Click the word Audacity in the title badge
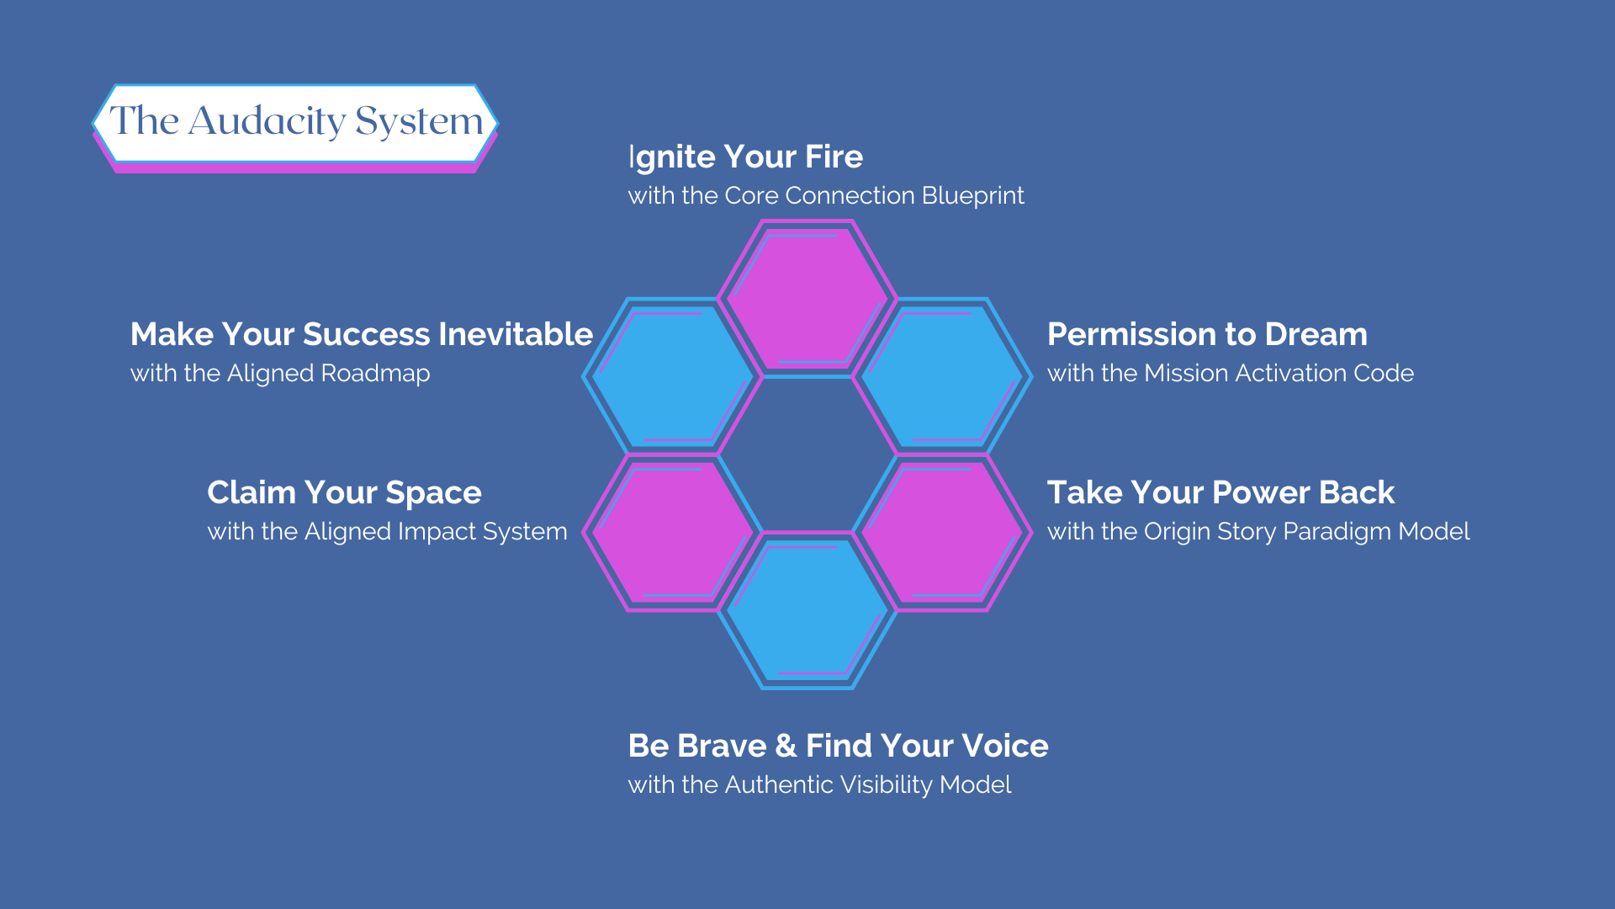pyautogui.click(x=267, y=121)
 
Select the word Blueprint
pyautogui.click(x=972, y=196)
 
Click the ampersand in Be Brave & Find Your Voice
pyautogui.click(x=786, y=746)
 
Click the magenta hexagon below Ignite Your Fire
pyautogui.click(x=807, y=298)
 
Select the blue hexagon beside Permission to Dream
pyautogui.click(x=942, y=375)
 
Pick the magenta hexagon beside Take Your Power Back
pyautogui.click(x=942, y=532)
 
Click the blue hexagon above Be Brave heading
pyautogui.click(x=807, y=610)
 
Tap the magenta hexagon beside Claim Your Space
pyautogui.click(x=673, y=532)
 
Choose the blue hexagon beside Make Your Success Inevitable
pyautogui.click(x=673, y=375)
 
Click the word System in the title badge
pyautogui.click(x=419, y=121)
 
